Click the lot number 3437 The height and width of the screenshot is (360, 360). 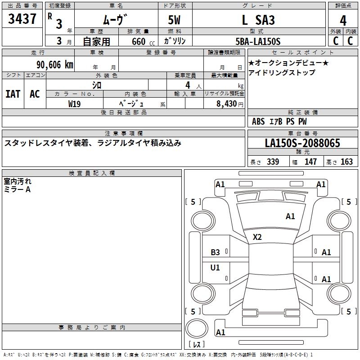(22, 19)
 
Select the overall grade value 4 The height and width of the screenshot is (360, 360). (343, 21)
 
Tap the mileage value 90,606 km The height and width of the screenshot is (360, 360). (55, 65)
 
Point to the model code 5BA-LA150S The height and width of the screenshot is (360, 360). (258, 41)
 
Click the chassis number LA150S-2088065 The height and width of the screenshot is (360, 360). (302, 143)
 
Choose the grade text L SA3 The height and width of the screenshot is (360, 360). (258, 20)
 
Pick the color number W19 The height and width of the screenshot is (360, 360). (74, 104)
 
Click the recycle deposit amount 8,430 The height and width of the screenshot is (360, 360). (226, 104)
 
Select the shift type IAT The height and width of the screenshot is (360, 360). (13, 94)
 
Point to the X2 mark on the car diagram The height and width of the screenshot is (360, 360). (257, 237)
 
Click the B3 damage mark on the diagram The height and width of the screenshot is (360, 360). (215, 252)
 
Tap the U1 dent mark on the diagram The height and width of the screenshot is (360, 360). (215, 267)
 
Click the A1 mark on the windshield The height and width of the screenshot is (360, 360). (290, 216)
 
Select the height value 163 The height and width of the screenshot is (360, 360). (346, 162)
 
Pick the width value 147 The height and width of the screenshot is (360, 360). (310, 162)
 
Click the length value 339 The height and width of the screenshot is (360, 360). (273, 162)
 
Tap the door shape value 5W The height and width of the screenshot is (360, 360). (174, 20)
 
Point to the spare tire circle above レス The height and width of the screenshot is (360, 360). (197, 328)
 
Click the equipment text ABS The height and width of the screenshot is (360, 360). (258, 121)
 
